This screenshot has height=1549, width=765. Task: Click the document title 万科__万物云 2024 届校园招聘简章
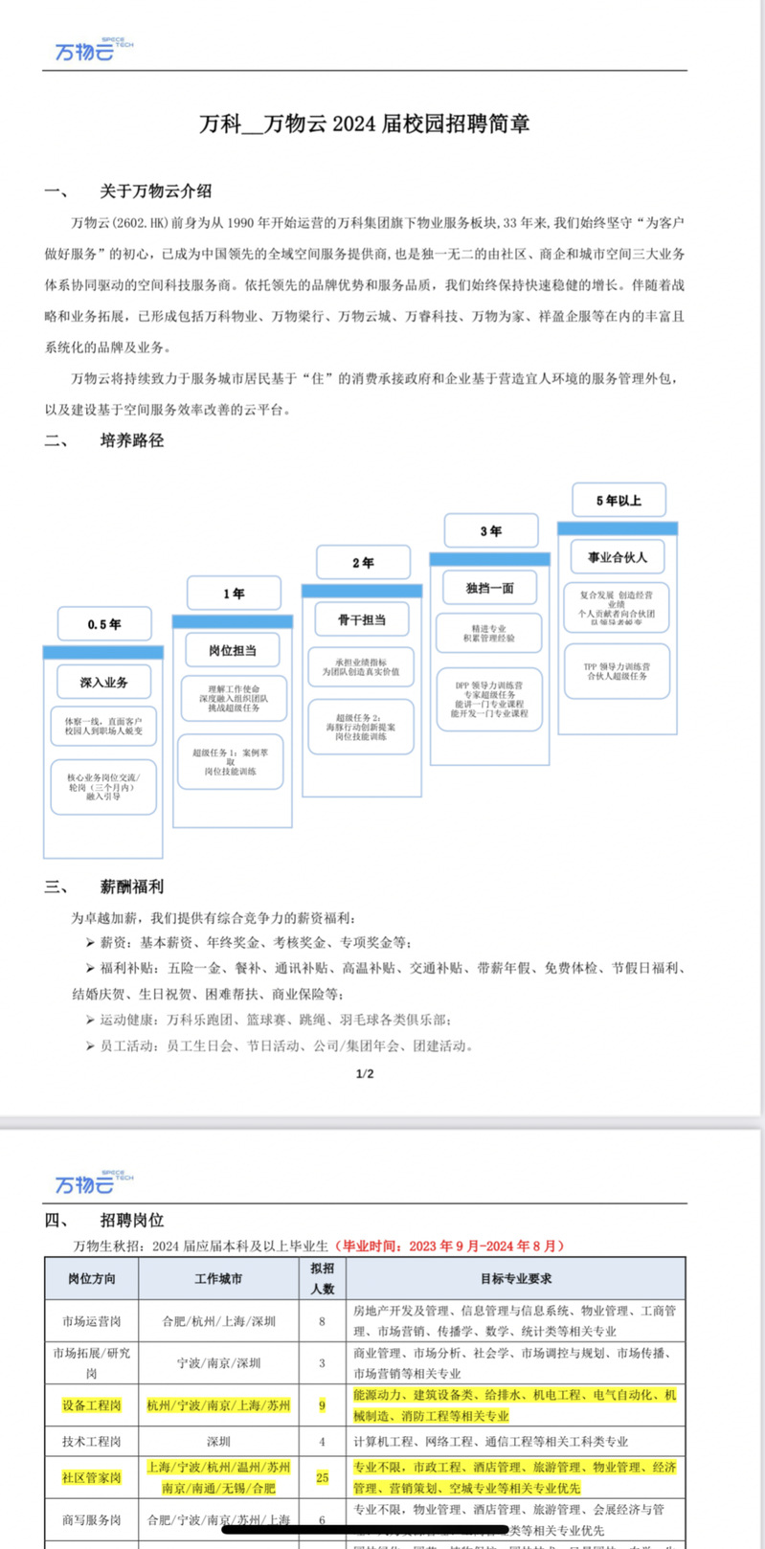pos(364,123)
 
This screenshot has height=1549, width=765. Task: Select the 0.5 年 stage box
pos(104,624)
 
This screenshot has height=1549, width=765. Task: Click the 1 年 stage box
pos(234,594)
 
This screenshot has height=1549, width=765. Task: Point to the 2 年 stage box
pos(363,562)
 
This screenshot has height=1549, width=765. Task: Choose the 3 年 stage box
pos(490,530)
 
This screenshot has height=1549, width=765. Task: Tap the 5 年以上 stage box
pos(619,500)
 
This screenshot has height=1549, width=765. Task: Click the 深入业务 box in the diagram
pos(103,683)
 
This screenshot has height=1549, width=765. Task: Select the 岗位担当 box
pos(233,650)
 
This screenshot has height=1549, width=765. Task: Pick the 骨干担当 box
pos(362,619)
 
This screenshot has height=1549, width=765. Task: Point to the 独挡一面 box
pos(489,588)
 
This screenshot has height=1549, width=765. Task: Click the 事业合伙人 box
pos(618,556)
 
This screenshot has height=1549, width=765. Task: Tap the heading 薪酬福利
pos(132,887)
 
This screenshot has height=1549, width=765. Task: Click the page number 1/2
pos(365,1073)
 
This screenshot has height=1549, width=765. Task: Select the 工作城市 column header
pos(218,1278)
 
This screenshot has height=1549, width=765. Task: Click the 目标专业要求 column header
pos(516,1278)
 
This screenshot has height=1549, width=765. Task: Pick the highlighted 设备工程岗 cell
pos(92,1405)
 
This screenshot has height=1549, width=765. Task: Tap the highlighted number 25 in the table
pos(322,1477)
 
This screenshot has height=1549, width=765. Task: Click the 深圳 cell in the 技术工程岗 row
pos(218,1441)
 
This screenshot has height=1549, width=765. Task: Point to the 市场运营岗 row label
pos(92,1321)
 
